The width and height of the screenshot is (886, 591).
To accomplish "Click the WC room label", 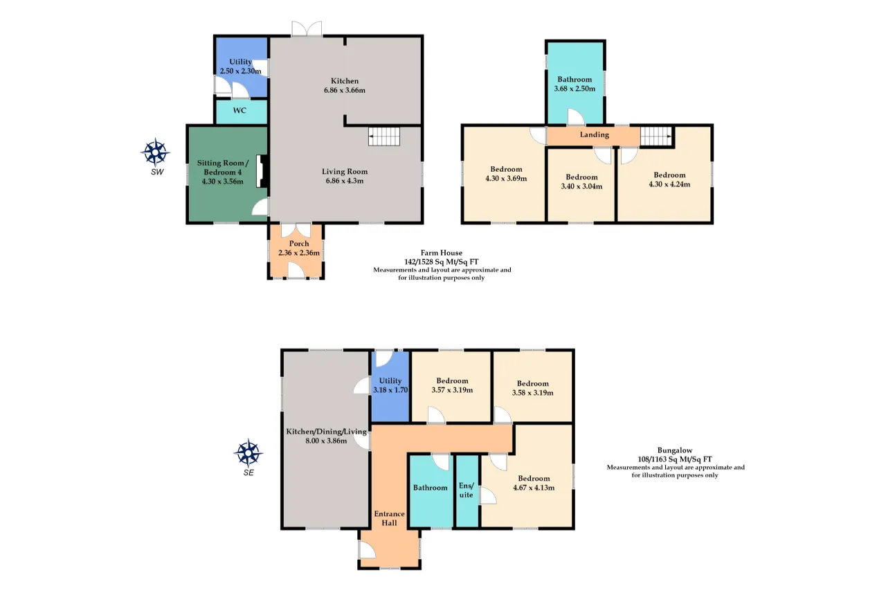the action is (239, 110).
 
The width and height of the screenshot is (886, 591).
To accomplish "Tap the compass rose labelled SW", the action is (155, 152).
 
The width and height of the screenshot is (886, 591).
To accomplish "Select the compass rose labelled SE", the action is (248, 453).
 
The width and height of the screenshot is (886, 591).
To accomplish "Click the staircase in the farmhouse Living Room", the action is (384, 136).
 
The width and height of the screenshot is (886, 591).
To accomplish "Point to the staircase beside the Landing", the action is (656, 136).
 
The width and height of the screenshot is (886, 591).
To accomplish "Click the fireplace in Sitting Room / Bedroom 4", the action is (262, 171).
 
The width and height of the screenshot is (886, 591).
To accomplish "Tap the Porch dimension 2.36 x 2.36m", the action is (299, 253).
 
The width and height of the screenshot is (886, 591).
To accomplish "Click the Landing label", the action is (595, 134).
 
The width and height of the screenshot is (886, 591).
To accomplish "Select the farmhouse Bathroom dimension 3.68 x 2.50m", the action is (575, 89).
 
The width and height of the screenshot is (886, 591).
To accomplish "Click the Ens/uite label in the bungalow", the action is (467, 490).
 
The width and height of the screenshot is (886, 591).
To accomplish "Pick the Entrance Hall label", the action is (389, 518).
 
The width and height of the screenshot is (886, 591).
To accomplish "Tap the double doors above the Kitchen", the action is (307, 29).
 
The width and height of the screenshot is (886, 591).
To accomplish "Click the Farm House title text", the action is (442, 253).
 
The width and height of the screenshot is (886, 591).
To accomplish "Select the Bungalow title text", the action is (675, 450).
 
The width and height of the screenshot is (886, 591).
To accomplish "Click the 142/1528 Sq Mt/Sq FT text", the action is (442, 262).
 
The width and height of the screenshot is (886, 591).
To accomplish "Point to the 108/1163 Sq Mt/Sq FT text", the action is (675, 459).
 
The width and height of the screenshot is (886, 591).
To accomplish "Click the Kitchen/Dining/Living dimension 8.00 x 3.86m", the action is (326, 441).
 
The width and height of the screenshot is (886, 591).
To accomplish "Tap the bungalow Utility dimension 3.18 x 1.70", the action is (390, 390).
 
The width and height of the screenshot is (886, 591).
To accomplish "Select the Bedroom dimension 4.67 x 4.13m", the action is (534, 488).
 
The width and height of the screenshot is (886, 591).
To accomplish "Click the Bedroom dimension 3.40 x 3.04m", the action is (582, 186).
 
